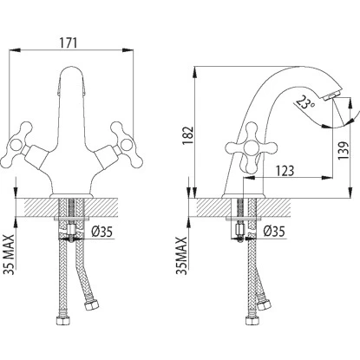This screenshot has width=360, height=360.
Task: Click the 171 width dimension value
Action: point(69,43)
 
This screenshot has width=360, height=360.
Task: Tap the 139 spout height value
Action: point(344,151)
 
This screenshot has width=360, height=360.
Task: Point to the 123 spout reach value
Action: point(285,171)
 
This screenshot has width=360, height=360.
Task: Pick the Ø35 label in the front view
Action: point(101,232)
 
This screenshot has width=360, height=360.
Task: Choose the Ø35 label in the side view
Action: point(274,232)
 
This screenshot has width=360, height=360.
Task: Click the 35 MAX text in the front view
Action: point(9,254)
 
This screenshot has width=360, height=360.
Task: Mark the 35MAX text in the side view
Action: point(181,256)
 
